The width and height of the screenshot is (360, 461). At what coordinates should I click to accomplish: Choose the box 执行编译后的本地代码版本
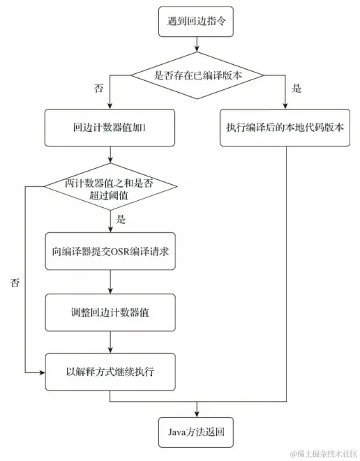click(285, 128)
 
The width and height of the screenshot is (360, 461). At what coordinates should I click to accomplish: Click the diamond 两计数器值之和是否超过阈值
click(110, 188)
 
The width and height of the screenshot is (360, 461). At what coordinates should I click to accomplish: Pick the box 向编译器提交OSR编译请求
click(111, 251)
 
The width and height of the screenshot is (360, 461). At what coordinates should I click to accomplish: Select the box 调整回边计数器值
click(111, 312)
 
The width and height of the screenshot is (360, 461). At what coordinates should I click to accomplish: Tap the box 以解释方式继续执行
click(111, 371)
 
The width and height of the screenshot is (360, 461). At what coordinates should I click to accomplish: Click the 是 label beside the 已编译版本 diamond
click(297, 89)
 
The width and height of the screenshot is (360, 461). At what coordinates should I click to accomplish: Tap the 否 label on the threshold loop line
click(15, 282)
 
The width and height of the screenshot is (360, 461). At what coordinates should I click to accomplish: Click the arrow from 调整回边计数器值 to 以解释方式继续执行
click(111, 342)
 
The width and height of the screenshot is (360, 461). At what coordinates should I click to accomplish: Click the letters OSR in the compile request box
click(119, 251)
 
